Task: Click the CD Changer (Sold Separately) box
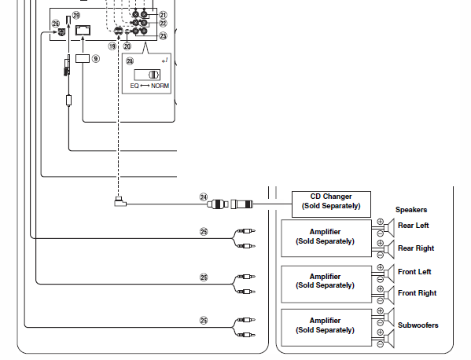[x=331, y=204]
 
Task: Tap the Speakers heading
[x=411, y=210]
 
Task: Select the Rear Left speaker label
[x=413, y=225]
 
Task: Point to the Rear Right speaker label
[x=416, y=248]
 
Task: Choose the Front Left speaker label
[x=414, y=272]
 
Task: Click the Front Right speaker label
[x=417, y=292]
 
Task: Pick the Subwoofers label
[x=418, y=325]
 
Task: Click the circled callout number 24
[x=204, y=197]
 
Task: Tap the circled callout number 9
[x=95, y=58]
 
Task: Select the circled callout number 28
[x=130, y=61]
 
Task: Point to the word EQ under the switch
[x=134, y=86]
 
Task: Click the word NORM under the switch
[x=160, y=86]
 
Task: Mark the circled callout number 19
[x=112, y=46]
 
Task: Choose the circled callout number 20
[x=127, y=46]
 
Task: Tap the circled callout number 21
[x=163, y=15]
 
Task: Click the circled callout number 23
[x=163, y=36]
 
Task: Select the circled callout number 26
[x=56, y=24]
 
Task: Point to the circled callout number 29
[x=76, y=15]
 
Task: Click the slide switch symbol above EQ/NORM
[x=147, y=75]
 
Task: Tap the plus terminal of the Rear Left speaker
[x=380, y=222]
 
